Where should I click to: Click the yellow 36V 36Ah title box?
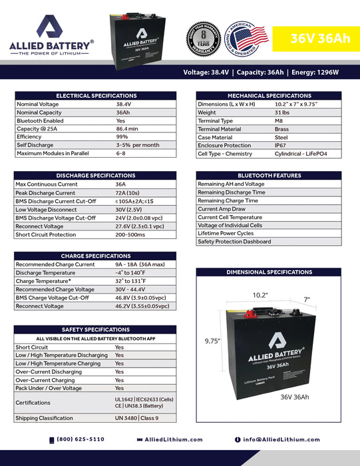point(320,38)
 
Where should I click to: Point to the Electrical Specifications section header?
point(96,96)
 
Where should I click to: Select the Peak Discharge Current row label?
point(45,192)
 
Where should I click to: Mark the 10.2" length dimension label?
point(260,295)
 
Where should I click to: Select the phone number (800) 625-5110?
point(81,439)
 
